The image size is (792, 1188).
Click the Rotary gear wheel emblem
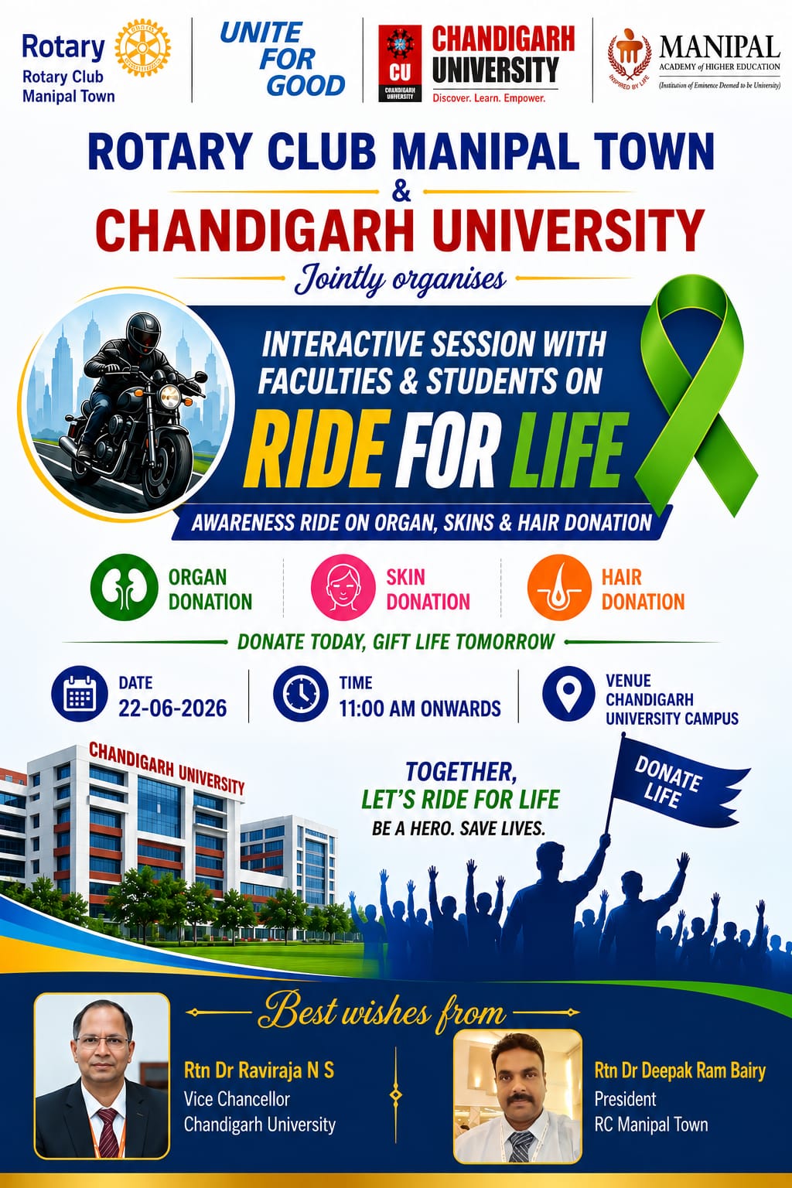click(142, 49)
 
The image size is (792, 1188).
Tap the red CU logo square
click(400, 63)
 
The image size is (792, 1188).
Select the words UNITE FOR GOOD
click(282, 59)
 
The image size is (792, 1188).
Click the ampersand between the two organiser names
click(401, 191)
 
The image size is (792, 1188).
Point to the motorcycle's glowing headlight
click(169, 394)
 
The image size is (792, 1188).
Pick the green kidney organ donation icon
click(124, 587)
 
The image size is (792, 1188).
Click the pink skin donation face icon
click(343, 587)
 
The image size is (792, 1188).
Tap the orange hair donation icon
click(559, 587)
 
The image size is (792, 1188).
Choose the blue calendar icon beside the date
click(80, 694)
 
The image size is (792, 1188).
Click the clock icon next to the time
click(301, 694)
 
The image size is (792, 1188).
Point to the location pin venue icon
click(568, 694)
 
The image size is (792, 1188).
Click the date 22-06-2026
click(172, 708)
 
